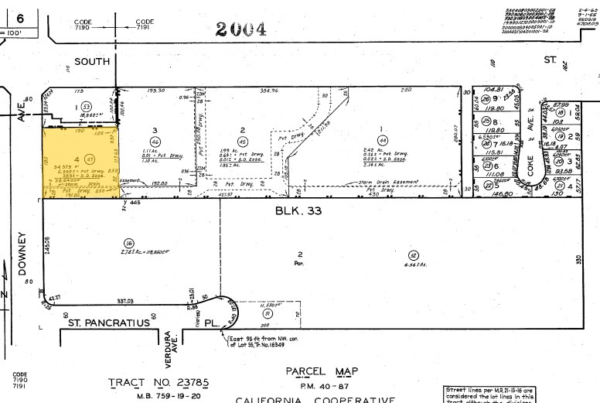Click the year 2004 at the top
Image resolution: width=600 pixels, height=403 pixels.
[240, 29]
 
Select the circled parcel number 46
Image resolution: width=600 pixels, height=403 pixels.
[155, 142]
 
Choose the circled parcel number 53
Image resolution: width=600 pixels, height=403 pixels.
[87, 106]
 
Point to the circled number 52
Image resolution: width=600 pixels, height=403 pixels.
[414, 255]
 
